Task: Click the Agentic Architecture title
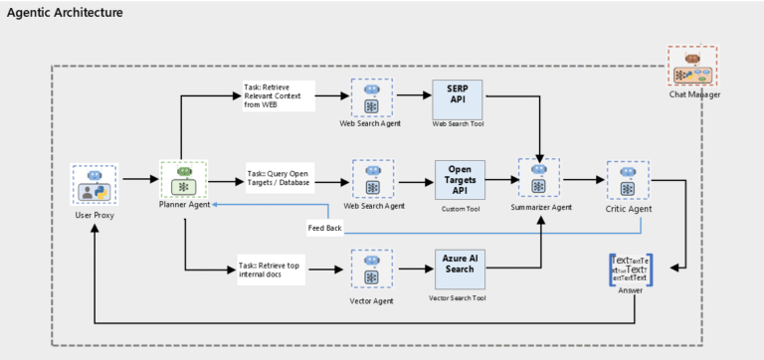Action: coord(66,13)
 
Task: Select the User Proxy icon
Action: coord(95,186)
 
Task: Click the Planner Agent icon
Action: coord(182,180)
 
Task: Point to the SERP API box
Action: coord(458,97)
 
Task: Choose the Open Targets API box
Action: coord(458,179)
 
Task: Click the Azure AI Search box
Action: coord(458,266)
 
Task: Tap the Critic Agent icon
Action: coord(628,180)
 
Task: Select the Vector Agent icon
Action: coord(372,268)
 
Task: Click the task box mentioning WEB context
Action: coord(279,96)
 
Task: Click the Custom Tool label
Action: coord(458,210)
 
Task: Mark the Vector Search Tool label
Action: coord(458,298)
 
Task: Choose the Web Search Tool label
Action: coord(458,124)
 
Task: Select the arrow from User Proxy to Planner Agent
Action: coord(138,180)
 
